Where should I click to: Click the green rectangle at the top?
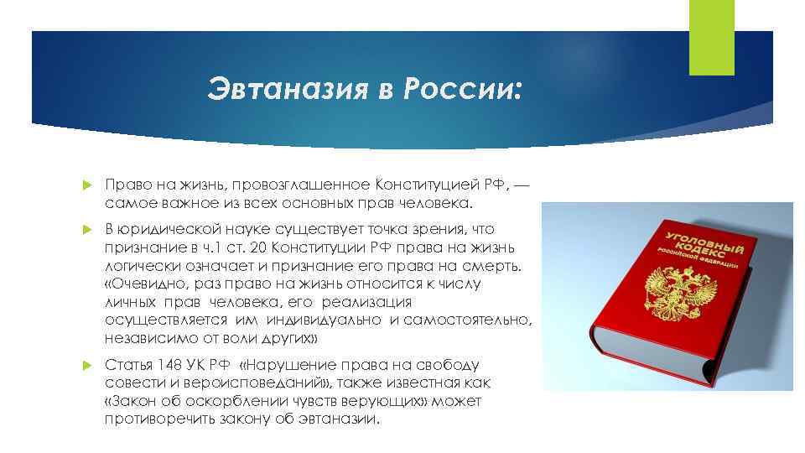click(x=711, y=37)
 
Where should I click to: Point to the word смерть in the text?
click(x=495, y=266)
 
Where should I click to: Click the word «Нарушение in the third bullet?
click(x=288, y=366)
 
